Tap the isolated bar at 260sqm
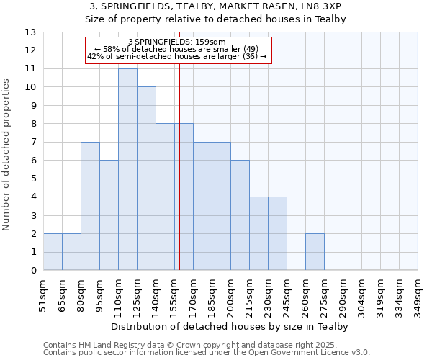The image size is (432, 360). click(x=315, y=252)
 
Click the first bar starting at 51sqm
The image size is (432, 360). click(x=53, y=252)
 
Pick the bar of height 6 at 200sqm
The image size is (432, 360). click(x=240, y=215)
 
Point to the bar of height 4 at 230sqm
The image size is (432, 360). click(x=277, y=233)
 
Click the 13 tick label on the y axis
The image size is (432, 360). click(x=30, y=32)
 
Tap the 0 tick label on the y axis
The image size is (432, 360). click(x=32, y=271)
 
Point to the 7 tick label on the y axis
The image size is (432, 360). click(x=32, y=143)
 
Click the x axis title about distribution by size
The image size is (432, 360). click(x=230, y=326)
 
